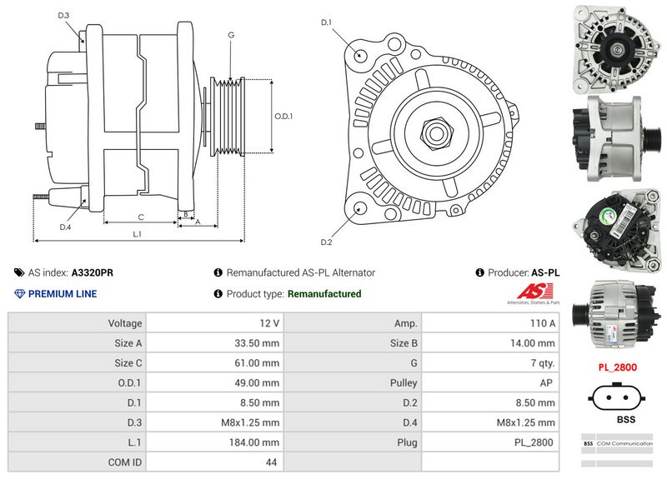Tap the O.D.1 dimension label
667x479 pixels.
pos(284,116)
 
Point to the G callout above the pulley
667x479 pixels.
pos(230,35)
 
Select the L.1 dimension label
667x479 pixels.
pos(138,234)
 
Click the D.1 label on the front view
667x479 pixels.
pos(327,22)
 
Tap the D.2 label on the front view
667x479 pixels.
pos(327,242)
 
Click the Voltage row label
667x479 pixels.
pos(125,322)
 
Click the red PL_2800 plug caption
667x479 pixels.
pos(618,367)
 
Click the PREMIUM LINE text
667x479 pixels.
pos(63,294)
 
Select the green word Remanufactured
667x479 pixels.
pos(323,294)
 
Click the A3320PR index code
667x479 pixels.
pos(93,272)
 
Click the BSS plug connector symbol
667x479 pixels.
pos(618,397)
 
